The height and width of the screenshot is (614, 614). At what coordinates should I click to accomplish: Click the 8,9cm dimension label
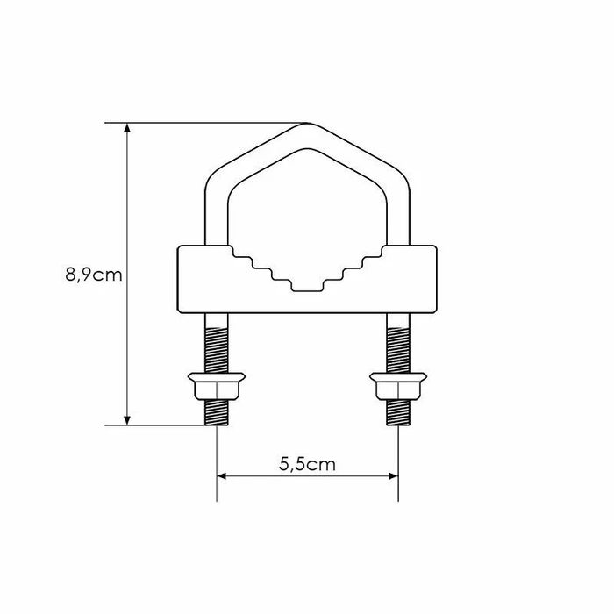(x=94, y=275)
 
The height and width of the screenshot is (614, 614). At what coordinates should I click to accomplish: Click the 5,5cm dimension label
(x=307, y=464)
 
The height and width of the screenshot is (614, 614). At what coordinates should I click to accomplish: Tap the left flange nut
(x=217, y=386)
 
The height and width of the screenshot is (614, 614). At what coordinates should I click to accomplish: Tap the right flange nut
(x=398, y=386)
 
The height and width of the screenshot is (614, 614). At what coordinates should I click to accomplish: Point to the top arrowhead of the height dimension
(x=127, y=128)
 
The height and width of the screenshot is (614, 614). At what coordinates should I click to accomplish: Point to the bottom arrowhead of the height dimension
(x=127, y=420)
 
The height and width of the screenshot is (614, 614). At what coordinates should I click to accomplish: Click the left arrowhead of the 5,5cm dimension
(x=222, y=476)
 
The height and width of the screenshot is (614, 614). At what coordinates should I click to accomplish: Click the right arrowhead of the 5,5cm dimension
(x=393, y=476)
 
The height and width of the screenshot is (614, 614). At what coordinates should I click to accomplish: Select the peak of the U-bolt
(x=307, y=125)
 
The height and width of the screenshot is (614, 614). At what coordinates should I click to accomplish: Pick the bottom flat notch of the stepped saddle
(x=307, y=291)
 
